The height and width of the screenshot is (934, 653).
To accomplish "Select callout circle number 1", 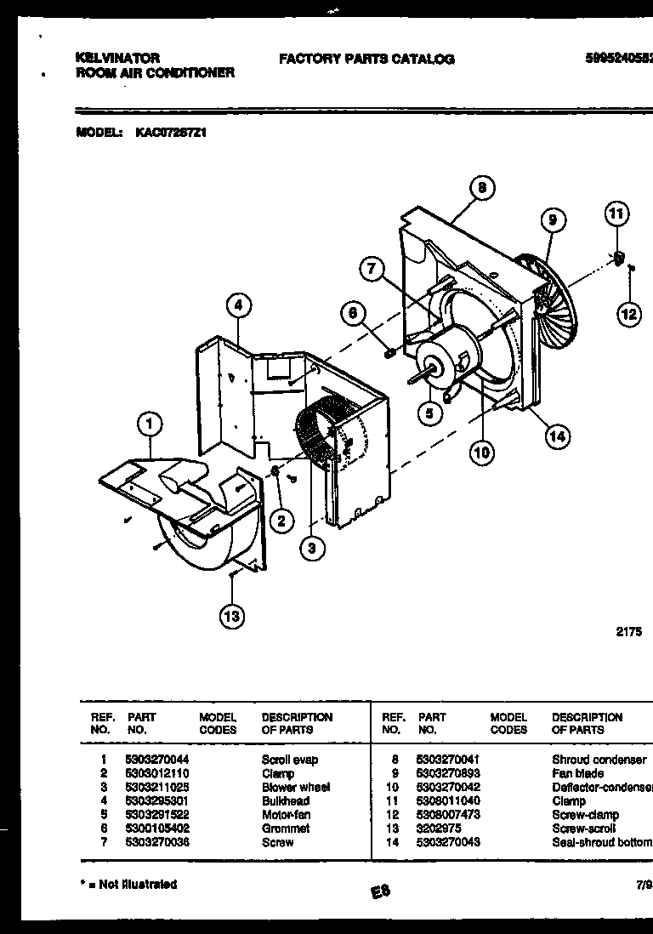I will [150, 423].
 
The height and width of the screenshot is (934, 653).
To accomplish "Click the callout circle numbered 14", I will [557, 436].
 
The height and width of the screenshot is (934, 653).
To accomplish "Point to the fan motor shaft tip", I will [412, 372].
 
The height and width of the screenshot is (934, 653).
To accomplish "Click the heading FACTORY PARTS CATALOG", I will [366, 60].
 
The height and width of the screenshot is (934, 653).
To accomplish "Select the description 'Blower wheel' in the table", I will [295, 787].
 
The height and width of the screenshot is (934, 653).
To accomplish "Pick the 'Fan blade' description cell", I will [577, 773].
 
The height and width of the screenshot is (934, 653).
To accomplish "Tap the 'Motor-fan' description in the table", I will [287, 814].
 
